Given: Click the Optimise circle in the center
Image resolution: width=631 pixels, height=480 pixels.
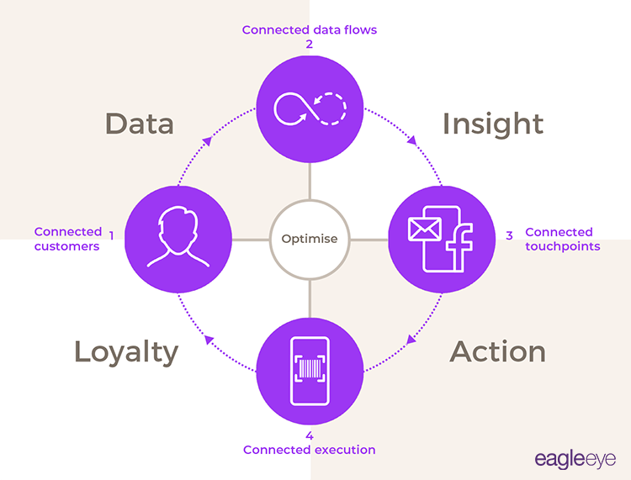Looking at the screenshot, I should (x=309, y=239).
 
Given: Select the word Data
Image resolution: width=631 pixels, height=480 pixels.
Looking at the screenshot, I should (x=139, y=124).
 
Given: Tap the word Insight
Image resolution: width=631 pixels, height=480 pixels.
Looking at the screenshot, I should (x=493, y=124).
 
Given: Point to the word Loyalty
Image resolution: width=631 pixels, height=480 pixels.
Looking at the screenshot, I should (x=126, y=351).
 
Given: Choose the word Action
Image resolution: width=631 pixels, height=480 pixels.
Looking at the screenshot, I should (x=498, y=351).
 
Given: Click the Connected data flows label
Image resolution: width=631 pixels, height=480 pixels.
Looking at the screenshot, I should (x=309, y=29).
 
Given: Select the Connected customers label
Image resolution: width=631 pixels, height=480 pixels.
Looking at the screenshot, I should (x=66, y=240).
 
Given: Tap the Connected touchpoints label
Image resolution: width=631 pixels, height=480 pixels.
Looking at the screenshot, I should (x=562, y=240).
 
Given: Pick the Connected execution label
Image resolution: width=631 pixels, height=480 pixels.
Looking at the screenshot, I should (x=309, y=450).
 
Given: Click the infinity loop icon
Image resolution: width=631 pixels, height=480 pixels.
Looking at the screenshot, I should (x=309, y=108).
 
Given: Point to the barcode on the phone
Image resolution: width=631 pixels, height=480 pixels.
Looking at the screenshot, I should (x=309, y=368).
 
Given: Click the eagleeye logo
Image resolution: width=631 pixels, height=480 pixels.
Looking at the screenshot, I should (x=575, y=459).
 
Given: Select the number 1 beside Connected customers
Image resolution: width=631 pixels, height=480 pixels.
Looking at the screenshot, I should (x=110, y=233).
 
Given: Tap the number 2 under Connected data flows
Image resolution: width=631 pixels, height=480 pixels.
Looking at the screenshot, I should (x=309, y=45).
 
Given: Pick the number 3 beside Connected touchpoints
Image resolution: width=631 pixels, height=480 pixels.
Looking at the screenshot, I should (x=509, y=235).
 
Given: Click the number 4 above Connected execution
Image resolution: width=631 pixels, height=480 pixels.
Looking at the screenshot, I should (x=309, y=435).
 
